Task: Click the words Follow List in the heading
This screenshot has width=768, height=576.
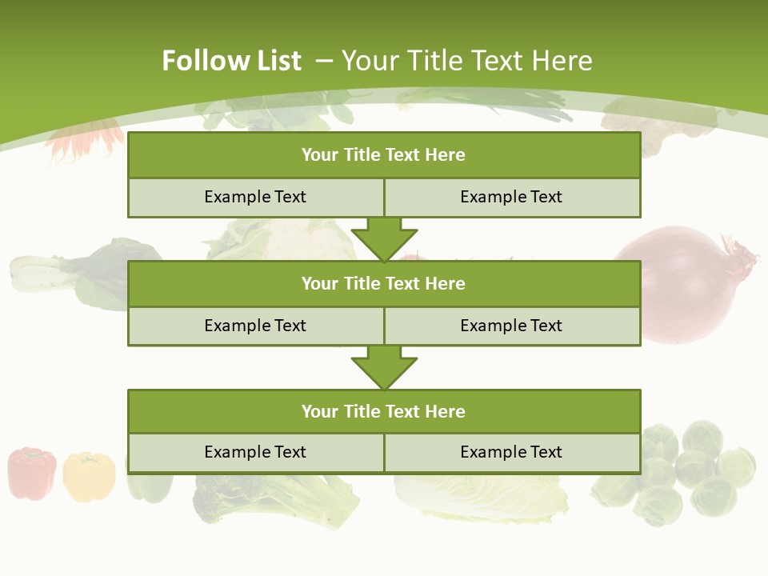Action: (231, 61)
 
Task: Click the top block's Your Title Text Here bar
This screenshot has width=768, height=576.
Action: (384, 155)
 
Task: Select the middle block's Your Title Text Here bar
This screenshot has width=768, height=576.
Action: (384, 283)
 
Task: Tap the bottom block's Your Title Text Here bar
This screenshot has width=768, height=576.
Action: (384, 411)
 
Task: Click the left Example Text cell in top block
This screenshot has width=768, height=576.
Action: (255, 197)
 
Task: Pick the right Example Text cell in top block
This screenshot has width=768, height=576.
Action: (511, 197)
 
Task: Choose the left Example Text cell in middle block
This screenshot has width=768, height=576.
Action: (255, 326)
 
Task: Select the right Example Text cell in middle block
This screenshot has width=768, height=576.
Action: (511, 326)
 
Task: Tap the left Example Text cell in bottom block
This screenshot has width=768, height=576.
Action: (255, 452)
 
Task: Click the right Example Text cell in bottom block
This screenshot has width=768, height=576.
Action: (511, 452)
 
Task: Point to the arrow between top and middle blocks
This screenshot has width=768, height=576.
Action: (384, 238)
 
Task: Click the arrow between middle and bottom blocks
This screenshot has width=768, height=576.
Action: (384, 367)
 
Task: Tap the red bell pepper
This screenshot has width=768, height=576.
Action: (32, 474)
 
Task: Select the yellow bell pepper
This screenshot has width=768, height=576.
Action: (88, 476)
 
